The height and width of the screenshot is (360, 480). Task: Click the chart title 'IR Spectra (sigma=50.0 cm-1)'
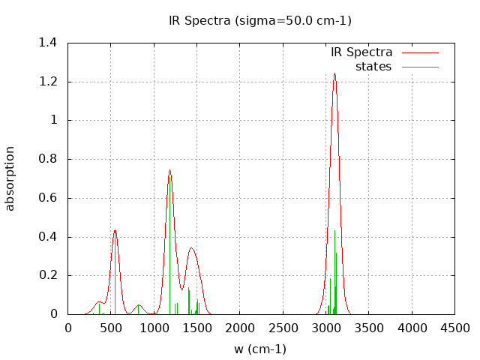click(x=260, y=20)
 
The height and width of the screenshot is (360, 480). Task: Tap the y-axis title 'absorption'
click(x=10, y=178)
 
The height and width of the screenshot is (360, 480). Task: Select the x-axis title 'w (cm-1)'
click(x=260, y=349)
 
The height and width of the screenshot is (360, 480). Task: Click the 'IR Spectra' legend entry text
click(x=361, y=52)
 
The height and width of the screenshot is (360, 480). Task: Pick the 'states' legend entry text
click(x=373, y=67)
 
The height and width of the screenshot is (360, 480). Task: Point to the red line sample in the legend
click(x=419, y=52)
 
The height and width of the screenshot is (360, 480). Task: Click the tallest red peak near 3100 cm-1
click(x=334, y=73)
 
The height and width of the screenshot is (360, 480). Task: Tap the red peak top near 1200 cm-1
click(x=170, y=169)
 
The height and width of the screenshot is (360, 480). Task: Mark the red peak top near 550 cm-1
click(x=115, y=230)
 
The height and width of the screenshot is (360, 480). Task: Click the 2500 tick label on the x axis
click(x=283, y=328)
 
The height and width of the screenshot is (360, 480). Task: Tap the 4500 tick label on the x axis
click(x=454, y=328)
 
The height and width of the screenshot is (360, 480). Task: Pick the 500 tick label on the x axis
click(x=111, y=328)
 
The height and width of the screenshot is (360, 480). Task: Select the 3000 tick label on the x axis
click(x=325, y=328)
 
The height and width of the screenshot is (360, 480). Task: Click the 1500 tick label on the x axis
click(x=196, y=328)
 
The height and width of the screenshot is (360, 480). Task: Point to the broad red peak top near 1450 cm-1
click(x=191, y=248)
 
